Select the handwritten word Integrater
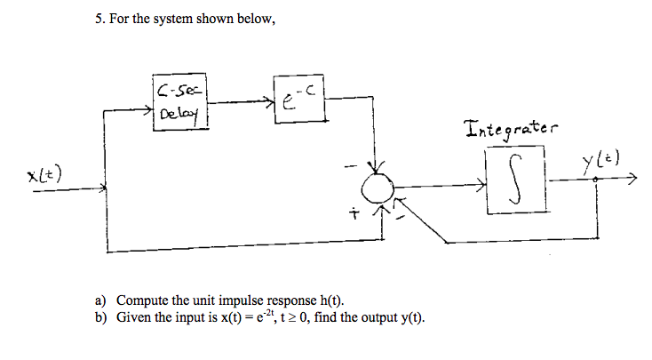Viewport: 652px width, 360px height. click(507, 131)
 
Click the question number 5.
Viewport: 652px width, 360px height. click(98, 19)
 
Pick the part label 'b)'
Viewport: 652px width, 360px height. click(101, 316)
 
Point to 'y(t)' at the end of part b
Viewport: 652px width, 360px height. click(409, 316)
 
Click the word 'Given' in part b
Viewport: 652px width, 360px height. click(134, 316)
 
